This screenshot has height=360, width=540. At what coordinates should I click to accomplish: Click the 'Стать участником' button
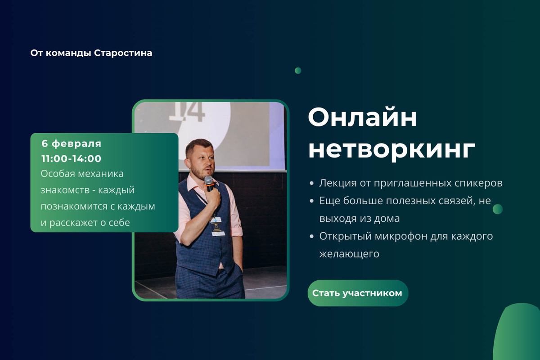coord(357,293)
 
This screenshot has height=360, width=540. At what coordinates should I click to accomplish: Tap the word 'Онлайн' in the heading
coord(362,118)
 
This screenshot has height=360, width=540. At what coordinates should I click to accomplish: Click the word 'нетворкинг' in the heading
coord(391,150)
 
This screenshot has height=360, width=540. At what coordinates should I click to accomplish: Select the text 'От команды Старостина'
coord(91,53)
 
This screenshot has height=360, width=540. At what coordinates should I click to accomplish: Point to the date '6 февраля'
coord(71,144)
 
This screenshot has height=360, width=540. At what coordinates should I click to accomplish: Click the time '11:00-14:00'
coord(71,158)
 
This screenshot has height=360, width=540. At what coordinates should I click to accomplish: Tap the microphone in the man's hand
coord(209,182)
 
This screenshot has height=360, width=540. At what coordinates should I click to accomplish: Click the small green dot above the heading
coord(298,71)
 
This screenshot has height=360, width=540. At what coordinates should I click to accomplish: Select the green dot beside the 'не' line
coord(497,209)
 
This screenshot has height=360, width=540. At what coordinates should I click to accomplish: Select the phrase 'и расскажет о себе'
coord(85,222)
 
